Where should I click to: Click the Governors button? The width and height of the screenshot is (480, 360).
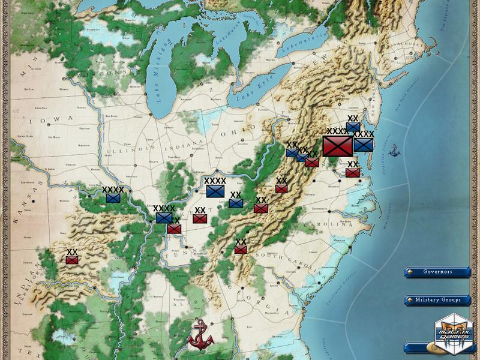coord(437,271)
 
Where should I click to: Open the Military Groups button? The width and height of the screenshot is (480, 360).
coord(437,299)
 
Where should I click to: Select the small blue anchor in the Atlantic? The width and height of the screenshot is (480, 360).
coord(394,150)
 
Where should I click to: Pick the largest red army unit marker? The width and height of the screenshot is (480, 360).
coord(337,146)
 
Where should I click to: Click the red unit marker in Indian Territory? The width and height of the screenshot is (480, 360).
coord(73,260)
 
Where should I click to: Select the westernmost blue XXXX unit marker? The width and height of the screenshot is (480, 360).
coord(113,197)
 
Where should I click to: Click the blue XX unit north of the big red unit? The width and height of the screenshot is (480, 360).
coord(353,127)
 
